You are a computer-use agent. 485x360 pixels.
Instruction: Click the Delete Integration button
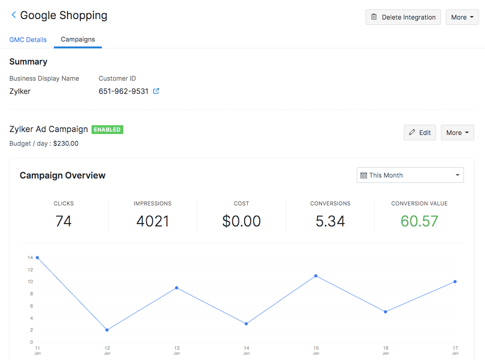pyautogui.click(x=403, y=17)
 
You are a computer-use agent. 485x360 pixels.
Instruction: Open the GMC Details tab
pyautogui.click(x=28, y=40)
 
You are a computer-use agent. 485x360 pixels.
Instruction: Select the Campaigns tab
pyautogui.click(x=78, y=39)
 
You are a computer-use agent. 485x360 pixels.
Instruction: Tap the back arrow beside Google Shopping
pyautogui.click(x=13, y=15)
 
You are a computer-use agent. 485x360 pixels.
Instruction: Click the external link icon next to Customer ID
pyautogui.click(x=156, y=91)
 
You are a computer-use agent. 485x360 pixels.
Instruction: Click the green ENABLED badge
pyautogui.click(x=107, y=130)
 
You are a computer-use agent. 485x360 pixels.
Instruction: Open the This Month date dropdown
pyautogui.click(x=410, y=175)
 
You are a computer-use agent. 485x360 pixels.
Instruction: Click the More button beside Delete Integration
pyautogui.click(x=462, y=17)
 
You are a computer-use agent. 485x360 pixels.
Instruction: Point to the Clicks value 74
pyautogui.click(x=64, y=221)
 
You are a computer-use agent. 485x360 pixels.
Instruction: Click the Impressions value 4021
pyautogui.click(x=153, y=221)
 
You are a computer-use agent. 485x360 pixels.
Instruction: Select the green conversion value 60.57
pyautogui.click(x=419, y=221)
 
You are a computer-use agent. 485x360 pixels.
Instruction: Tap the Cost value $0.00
pyautogui.click(x=241, y=221)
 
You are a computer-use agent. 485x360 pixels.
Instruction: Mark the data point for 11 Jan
pyautogui.click(x=37, y=257)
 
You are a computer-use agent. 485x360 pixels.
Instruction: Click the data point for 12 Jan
pyautogui.click(x=107, y=330)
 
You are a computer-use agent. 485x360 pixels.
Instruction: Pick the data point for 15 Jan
pyautogui.click(x=316, y=276)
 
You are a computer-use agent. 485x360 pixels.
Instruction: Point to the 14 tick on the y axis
pyautogui.click(x=30, y=258)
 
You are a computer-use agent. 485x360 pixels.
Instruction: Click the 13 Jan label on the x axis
pyautogui.click(x=177, y=350)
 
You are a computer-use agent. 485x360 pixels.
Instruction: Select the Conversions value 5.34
pyautogui.click(x=330, y=221)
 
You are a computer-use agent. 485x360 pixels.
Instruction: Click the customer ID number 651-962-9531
pyautogui.click(x=123, y=91)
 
